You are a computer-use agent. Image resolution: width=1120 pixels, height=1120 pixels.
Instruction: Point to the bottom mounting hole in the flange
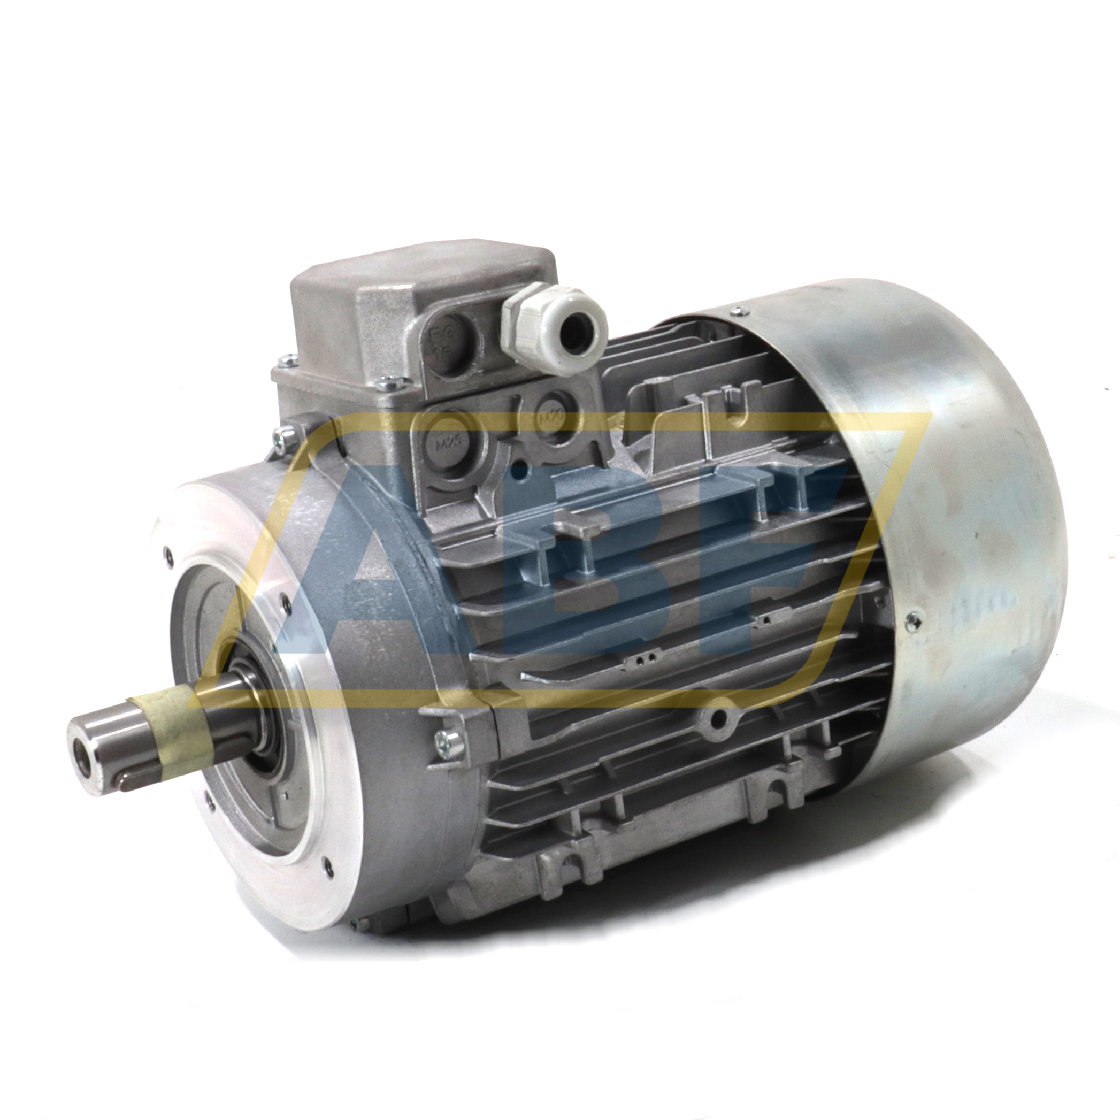tap(329, 865)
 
